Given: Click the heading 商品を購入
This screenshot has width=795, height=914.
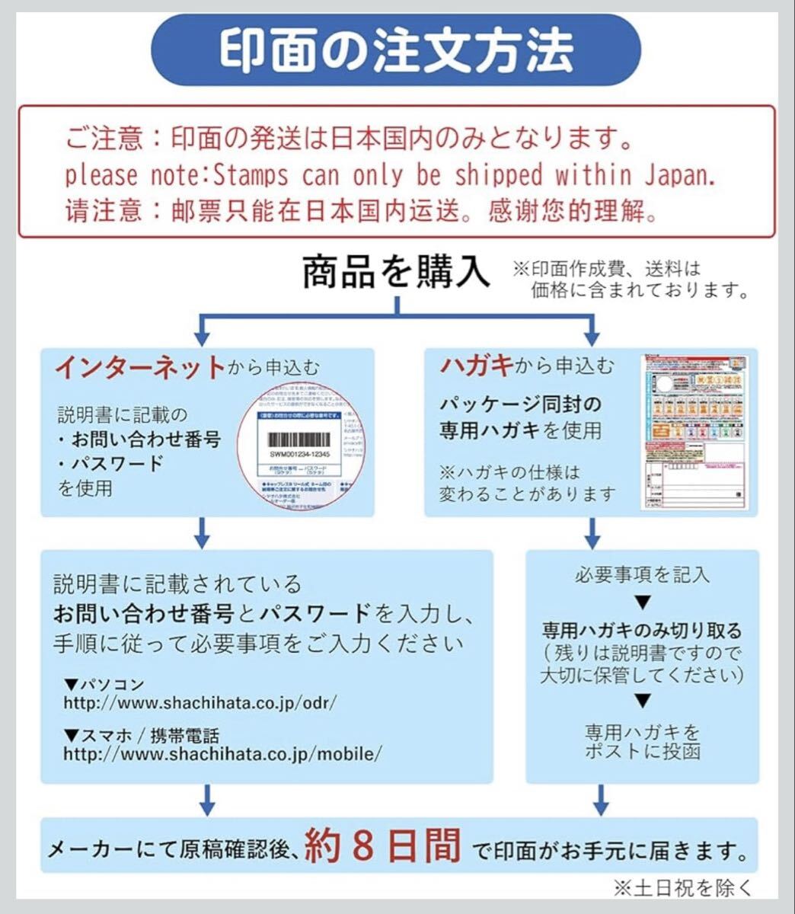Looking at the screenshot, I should [396, 271].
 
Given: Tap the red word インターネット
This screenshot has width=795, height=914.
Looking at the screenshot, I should [140, 367].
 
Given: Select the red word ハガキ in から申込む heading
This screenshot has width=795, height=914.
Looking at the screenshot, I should [476, 366].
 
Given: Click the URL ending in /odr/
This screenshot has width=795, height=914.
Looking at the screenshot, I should [200, 702].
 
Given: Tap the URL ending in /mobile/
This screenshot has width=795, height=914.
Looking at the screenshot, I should [222, 754].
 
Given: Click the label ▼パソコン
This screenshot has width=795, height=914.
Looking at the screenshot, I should [104, 684].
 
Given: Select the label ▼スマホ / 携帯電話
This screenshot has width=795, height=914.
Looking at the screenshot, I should [142, 736].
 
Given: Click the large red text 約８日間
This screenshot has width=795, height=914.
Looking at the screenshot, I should [382, 845].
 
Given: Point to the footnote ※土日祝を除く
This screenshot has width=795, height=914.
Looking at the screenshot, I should [683, 887].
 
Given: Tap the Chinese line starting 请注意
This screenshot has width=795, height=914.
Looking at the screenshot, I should [362, 210].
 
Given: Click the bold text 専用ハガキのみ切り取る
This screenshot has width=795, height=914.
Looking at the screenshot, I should [641, 631].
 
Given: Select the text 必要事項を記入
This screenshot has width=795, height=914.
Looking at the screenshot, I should [642, 574].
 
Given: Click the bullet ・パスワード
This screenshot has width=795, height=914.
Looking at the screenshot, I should [113, 463].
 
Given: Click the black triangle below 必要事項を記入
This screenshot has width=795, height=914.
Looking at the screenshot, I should [643, 602].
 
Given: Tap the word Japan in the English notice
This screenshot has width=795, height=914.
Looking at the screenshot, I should [679, 175].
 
